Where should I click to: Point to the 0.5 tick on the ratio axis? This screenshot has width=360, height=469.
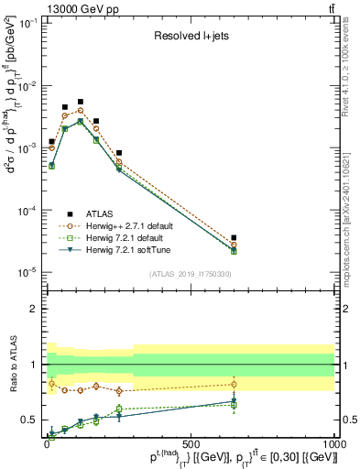click(30, 420)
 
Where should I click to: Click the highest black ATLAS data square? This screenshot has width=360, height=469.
click(81, 102)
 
